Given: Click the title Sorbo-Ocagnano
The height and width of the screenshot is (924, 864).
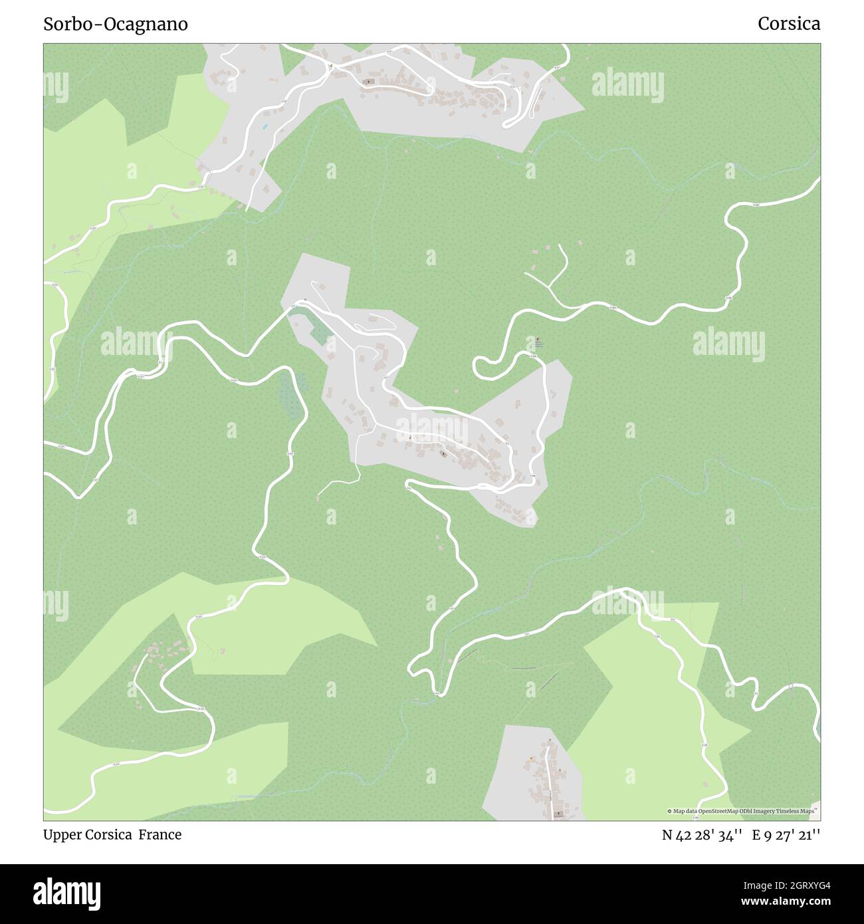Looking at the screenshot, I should click(116, 24).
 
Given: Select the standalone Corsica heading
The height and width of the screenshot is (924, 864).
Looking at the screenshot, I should click(789, 24).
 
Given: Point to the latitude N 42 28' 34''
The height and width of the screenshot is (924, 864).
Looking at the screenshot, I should click(702, 836).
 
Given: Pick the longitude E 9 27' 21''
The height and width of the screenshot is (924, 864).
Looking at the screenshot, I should click(786, 836).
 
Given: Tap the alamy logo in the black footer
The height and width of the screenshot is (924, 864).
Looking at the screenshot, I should click(66, 893).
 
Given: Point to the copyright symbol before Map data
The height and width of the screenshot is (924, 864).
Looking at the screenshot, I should click(670, 811).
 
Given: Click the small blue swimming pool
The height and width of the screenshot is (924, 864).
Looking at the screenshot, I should click(265, 126).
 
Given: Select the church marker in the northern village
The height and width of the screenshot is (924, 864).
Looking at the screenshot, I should click(369, 82).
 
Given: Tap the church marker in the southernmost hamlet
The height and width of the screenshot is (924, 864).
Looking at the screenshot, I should click(558, 813).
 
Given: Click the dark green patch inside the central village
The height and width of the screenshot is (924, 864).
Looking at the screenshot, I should click(319, 331).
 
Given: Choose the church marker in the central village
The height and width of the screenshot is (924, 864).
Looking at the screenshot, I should click(443, 454).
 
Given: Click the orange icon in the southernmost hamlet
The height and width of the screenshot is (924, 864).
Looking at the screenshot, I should click(532, 758).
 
